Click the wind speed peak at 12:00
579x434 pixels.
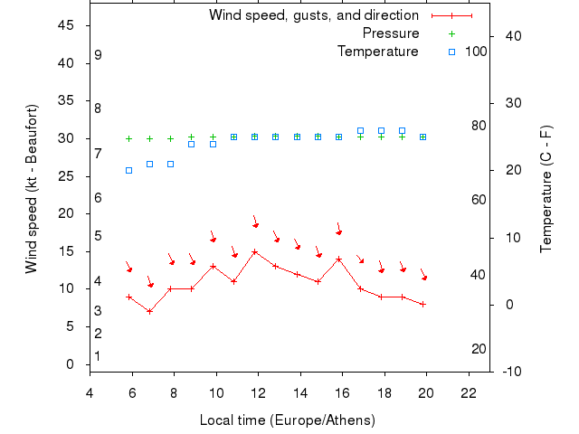pos(255,251)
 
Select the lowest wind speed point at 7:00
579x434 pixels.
pos(150,311)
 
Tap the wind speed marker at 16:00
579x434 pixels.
pos(339,259)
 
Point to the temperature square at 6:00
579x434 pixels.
pos(128,170)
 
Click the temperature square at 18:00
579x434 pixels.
pos(381,131)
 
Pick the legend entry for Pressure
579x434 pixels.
pos(390,33)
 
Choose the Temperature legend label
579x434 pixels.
pos(377,52)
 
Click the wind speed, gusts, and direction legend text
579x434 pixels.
pos(313,15)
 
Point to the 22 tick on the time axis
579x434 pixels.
pos(469,392)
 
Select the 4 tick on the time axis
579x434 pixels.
pos(90,392)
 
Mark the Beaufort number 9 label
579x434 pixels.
pos(98,55)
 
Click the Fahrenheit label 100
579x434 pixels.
pos(476,52)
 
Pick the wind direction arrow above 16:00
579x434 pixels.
pos(338,230)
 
